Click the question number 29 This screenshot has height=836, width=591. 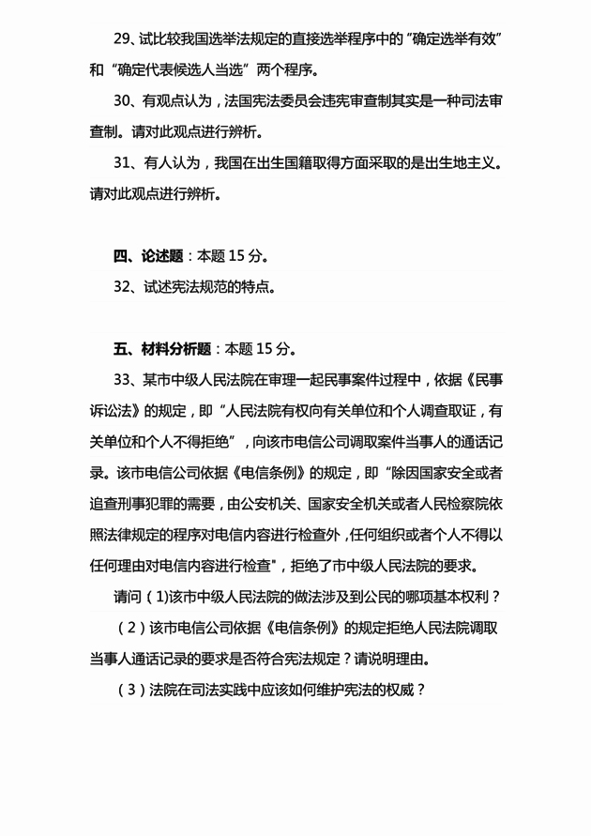pyautogui.click(x=126, y=41)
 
